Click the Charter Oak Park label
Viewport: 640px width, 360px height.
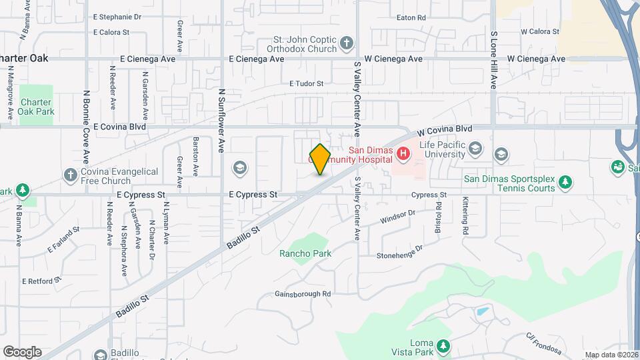pyautogui.click(x=37, y=107)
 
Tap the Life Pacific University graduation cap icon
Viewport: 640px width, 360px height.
pyautogui.click(x=475, y=147)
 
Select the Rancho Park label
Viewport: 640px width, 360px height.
pyautogui.click(x=305, y=253)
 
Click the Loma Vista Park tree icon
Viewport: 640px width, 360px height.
pyautogui.click(x=441, y=347)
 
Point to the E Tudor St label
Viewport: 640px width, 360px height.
pyautogui.click(x=306, y=84)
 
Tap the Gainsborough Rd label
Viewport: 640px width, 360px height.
pyautogui.click(x=303, y=293)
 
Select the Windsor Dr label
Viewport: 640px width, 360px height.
pyautogui.click(x=398, y=217)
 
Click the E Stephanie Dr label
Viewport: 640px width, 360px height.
pyautogui.click(x=117, y=16)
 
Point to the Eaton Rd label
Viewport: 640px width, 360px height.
pyautogui.click(x=411, y=17)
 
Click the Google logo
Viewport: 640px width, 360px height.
pyautogui.click(x=22, y=352)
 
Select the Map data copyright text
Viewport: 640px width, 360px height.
pyautogui.click(x=611, y=355)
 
